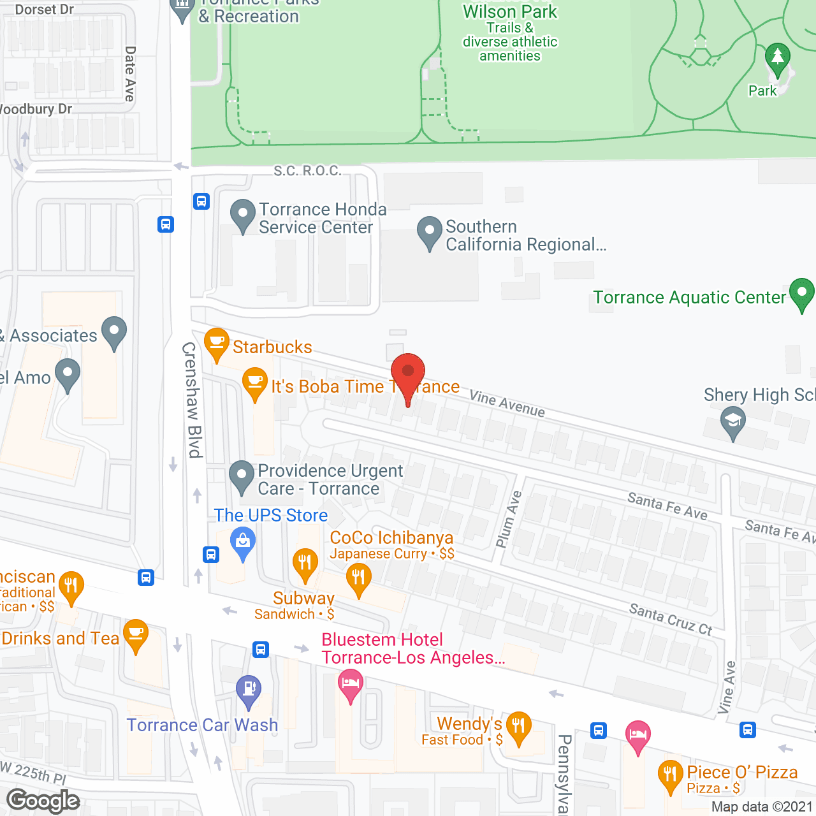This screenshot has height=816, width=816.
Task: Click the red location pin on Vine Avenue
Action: coord(407,372)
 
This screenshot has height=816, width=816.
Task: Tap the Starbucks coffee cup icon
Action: coord(217,342)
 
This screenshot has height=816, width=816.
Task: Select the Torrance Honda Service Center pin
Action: coord(242,214)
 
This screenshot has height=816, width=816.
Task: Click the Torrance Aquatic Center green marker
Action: coord(801,293)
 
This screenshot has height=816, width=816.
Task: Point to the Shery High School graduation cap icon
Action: coord(733,421)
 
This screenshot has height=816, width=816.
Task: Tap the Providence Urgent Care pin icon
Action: coord(242,476)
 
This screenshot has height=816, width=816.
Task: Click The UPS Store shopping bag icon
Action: coord(243,542)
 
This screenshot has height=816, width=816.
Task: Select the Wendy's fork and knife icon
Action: coord(518,726)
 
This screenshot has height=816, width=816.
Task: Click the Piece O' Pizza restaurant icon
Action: coord(670,775)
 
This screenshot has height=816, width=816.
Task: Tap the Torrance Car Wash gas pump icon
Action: coord(249,690)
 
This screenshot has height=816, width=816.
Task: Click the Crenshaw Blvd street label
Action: coord(192,400)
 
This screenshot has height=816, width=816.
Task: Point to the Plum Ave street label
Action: coord(509,519)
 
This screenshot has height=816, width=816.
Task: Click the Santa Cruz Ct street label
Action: coord(671,619)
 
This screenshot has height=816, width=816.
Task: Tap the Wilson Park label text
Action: coord(510,11)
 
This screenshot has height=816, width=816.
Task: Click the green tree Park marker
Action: coord(777,57)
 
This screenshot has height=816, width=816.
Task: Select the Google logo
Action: coord(43,800)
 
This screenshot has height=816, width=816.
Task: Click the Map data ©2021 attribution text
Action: coord(761,806)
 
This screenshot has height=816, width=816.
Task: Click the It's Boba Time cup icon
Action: coord(255,382)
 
